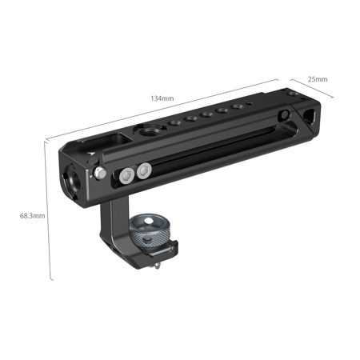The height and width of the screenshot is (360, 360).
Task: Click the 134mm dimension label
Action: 162,98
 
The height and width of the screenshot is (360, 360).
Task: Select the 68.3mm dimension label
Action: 33,215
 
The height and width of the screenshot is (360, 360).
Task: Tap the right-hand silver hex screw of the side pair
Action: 144,170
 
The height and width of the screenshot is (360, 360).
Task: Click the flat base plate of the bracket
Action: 144,256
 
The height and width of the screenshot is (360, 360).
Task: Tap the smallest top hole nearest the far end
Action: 250,103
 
